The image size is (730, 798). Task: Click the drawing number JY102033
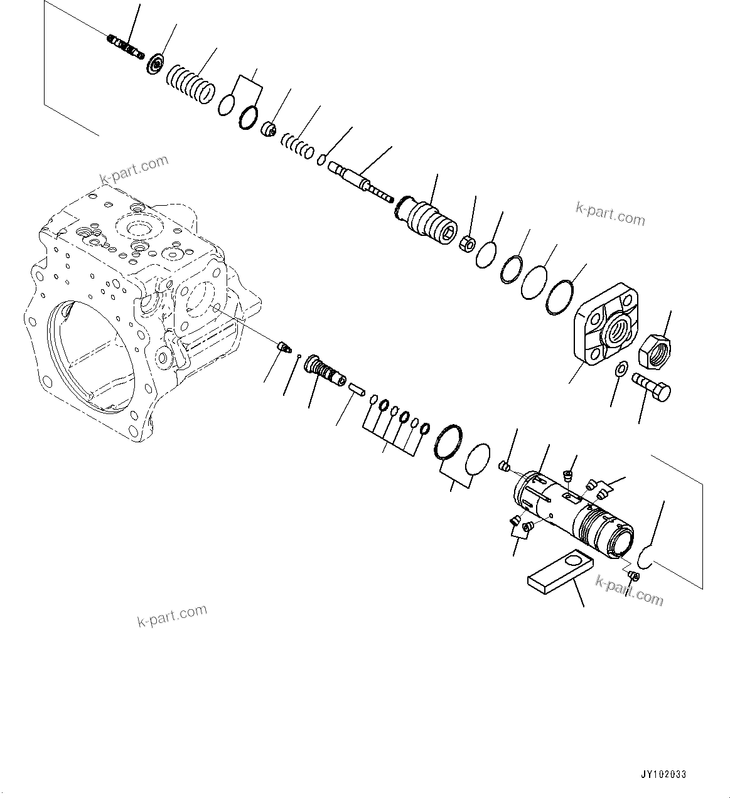(664, 775)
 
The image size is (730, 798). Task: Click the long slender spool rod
(363, 182)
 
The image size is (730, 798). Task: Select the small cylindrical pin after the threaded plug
(357, 389)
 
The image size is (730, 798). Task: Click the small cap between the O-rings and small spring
(269, 130)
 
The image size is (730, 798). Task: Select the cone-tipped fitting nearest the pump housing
(284, 346)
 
